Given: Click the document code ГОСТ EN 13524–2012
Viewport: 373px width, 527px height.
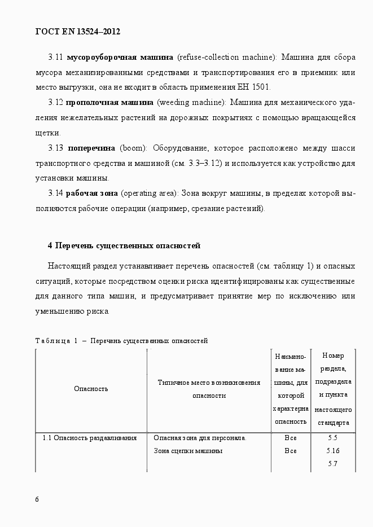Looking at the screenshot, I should coord(78,32).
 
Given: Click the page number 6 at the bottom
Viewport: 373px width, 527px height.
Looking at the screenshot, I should coord(37,499).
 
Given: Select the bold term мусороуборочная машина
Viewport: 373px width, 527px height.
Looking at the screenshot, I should coord(120,58).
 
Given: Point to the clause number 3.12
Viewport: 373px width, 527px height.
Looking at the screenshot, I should coord(55,103).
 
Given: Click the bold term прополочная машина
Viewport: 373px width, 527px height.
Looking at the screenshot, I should coord(109,103).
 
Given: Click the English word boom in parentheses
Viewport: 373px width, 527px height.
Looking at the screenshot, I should coord(131,148).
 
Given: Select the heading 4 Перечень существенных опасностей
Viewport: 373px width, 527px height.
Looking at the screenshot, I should coord(124,245).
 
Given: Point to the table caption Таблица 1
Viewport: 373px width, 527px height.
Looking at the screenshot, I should coord(56,341).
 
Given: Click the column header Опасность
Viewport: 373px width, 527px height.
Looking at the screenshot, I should coord(91,388).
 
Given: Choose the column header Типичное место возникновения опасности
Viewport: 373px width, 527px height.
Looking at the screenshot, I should coord(209,389).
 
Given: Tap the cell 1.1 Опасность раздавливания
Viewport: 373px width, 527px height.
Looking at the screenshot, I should coord(90,437).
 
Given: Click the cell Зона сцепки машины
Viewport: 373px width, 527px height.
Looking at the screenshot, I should coord(188,450).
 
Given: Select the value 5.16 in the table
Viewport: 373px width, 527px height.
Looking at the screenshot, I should coord(332,450).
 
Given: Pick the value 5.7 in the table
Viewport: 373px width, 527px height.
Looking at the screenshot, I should coord(332,463).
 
